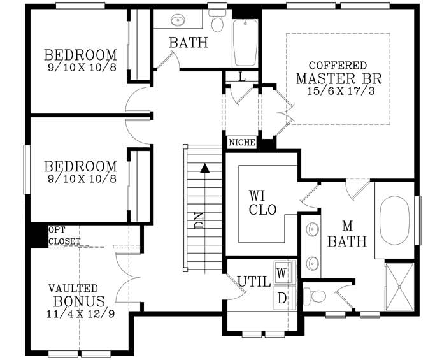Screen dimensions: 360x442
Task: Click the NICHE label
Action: [241, 143]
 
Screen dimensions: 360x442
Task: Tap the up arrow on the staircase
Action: [204, 169]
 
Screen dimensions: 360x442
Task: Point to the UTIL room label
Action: [253, 281]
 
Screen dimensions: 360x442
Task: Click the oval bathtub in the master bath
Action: [395, 220]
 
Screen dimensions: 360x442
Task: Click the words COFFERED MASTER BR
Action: [337, 73]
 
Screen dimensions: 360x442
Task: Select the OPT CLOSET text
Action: [64, 236]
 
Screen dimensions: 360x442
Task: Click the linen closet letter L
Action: [242, 77]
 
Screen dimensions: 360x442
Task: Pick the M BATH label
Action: [348, 234]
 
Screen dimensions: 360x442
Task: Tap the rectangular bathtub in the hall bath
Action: [245, 43]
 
